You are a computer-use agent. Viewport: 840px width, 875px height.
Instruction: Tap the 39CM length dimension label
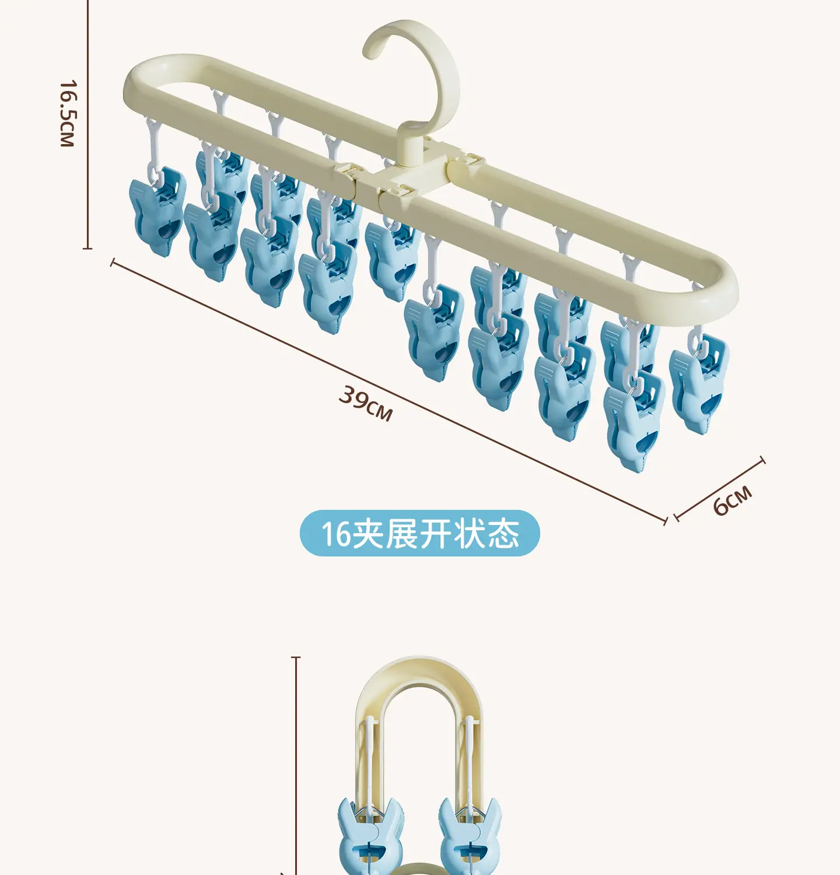(366, 403)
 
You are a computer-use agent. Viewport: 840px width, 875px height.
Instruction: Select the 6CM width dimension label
(733, 500)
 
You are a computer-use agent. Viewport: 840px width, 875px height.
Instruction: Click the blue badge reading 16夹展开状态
(420, 533)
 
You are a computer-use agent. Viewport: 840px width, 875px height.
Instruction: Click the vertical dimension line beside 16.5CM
(88, 124)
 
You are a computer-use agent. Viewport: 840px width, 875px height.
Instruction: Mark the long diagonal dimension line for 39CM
(388, 391)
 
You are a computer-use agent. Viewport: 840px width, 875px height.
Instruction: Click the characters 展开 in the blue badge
(419, 533)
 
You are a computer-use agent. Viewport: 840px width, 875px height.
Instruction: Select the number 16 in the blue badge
(336, 534)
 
